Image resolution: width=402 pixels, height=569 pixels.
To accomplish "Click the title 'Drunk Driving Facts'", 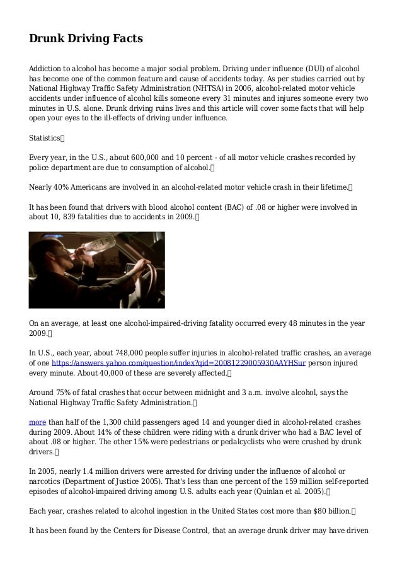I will coord(86,39).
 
